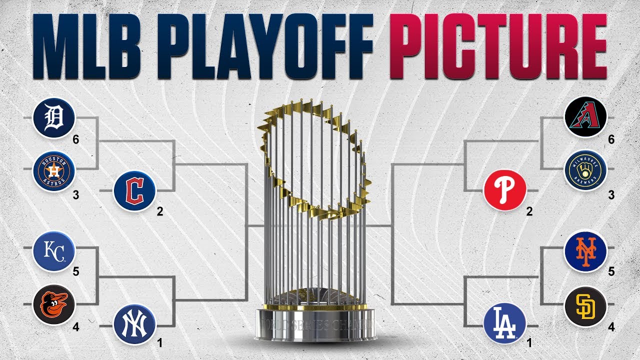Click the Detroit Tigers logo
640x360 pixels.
tap(54, 118)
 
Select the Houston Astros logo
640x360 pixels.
tap(54, 172)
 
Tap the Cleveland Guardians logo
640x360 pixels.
tap(134, 191)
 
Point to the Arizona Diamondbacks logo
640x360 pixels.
tap(585, 118)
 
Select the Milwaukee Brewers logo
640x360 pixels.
tap(585, 172)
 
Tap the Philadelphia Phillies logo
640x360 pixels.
tap(504, 191)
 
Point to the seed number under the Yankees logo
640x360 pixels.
tap(160, 343)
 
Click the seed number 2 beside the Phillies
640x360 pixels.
tap(529, 211)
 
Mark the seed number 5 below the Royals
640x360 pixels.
tap(76, 271)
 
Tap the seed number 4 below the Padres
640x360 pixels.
tap(611, 328)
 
